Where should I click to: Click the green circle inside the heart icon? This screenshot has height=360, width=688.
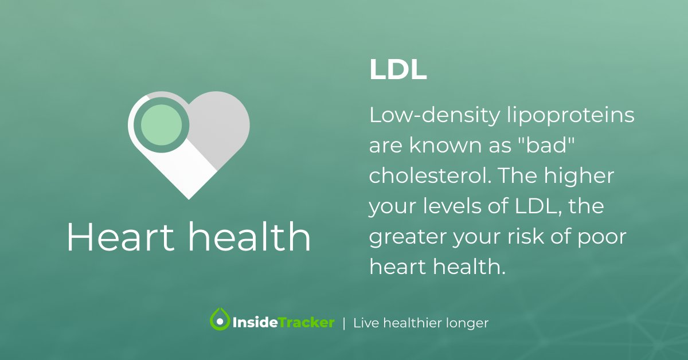(x=161, y=124)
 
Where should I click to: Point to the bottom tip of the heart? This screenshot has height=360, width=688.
(x=189, y=197)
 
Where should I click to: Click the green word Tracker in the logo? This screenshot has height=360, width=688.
(x=307, y=323)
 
